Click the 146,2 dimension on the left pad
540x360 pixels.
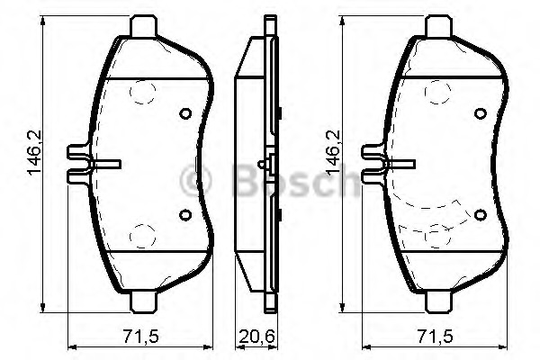(x=35, y=153)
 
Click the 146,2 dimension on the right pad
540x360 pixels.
(x=333, y=153)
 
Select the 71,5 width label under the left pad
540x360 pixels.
(x=141, y=336)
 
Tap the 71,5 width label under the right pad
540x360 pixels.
(x=436, y=336)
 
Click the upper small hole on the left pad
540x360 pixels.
(x=185, y=113)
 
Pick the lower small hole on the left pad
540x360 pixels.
(x=185, y=214)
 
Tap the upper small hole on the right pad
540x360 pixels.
(x=481, y=113)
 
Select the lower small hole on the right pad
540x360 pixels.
(x=481, y=214)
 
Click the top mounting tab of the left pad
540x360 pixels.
(x=144, y=26)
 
